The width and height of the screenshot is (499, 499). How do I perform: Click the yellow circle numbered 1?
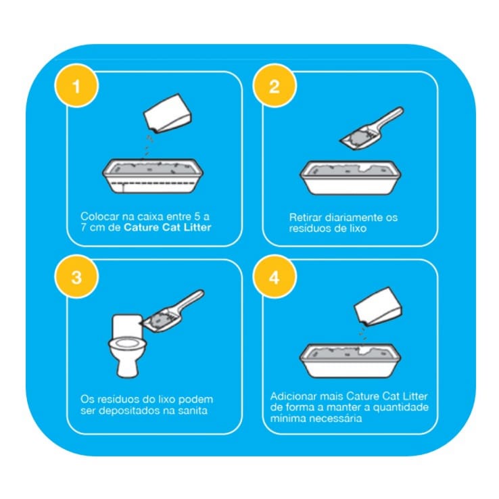click(x=76, y=86)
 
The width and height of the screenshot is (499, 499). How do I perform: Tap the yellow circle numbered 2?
click(x=275, y=86)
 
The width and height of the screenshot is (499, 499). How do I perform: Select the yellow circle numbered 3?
click(x=76, y=277)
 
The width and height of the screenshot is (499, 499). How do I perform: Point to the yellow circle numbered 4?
click(x=275, y=277)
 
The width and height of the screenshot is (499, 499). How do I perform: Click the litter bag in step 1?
click(x=168, y=113)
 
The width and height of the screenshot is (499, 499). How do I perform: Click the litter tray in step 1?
click(x=153, y=176)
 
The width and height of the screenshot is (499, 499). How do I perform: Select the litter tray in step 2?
click(x=350, y=178)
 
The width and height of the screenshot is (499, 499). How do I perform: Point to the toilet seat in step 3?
click(x=127, y=343)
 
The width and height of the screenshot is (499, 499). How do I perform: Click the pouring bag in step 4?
click(x=379, y=306)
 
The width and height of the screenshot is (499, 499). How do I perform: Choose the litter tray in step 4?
click(x=350, y=360)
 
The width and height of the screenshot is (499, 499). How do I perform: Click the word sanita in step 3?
click(x=193, y=410)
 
